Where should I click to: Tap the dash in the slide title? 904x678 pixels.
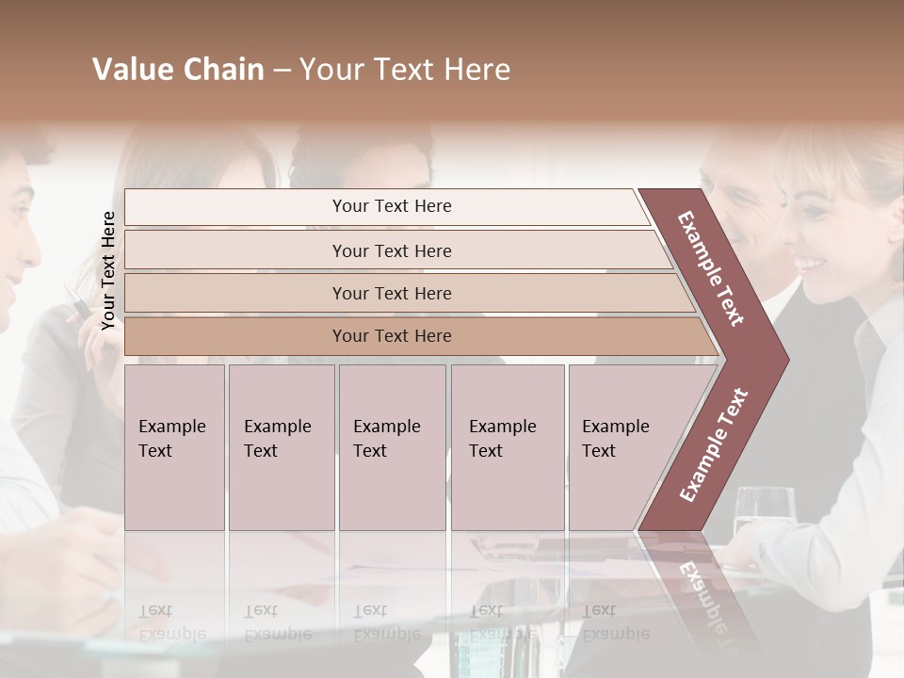pos(282,71)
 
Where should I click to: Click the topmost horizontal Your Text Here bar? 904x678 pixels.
pos(391,206)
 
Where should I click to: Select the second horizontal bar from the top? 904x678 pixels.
pos(391,250)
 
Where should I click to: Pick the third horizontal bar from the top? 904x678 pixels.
pos(391,293)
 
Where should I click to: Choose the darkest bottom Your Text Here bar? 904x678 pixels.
pos(391,335)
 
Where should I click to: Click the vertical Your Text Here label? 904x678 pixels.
pos(108,270)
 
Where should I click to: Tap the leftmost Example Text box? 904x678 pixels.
pos(174,447)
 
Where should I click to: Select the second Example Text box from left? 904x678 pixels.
pos(281,447)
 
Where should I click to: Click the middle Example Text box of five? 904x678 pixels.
pos(392,447)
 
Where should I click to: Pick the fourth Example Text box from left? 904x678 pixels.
pos(507,447)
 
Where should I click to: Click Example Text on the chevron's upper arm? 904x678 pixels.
pos(711,268)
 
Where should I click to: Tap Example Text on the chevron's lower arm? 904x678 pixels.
pos(713,445)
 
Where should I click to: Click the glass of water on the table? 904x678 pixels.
pos(764,513)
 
